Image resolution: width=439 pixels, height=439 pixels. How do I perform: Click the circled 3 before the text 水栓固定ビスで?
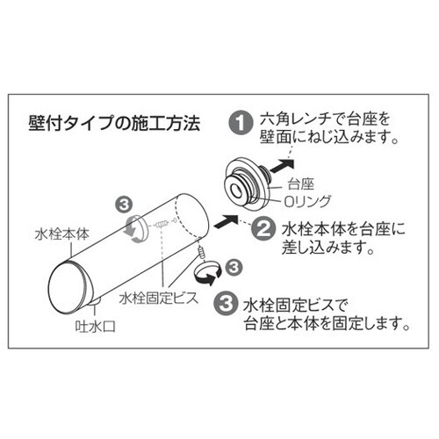226,305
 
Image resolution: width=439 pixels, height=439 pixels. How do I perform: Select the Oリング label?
307,201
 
